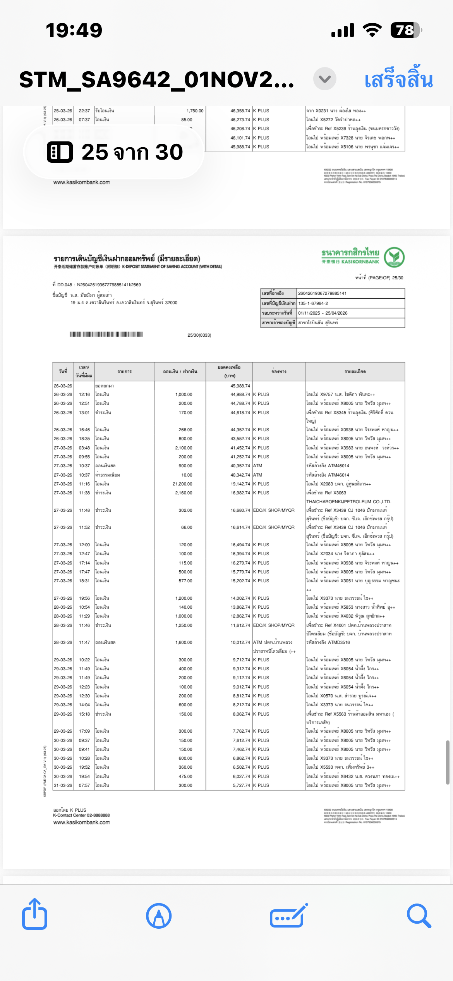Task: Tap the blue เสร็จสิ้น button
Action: coord(398,79)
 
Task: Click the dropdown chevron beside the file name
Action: coord(324,79)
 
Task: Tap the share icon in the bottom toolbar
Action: coord(35,915)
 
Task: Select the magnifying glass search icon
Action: coord(419,916)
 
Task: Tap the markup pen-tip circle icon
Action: coord(159,916)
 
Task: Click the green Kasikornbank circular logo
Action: coord(394,257)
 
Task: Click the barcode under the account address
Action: coord(106,334)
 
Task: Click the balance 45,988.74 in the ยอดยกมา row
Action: coord(240,386)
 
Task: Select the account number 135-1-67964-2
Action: coord(313,303)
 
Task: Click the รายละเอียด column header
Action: coord(355,372)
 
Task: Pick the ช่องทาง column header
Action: coord(279,372)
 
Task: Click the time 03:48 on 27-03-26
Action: coord(84,448)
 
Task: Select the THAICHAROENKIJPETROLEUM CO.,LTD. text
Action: coord(349,502)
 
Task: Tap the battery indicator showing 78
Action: coord(405,30)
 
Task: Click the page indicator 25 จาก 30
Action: coord(114,152)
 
